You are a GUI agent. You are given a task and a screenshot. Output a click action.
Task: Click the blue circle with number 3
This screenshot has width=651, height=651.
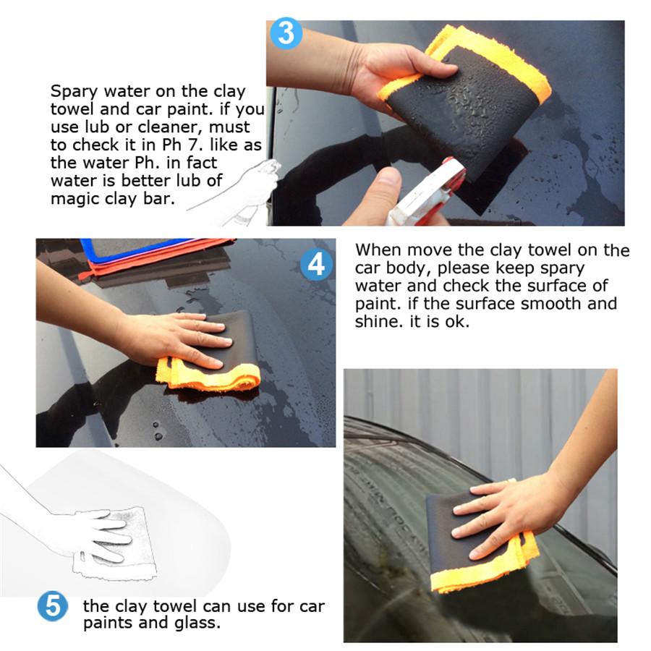286,34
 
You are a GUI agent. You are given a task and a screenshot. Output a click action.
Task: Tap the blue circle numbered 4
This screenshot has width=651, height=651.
316,265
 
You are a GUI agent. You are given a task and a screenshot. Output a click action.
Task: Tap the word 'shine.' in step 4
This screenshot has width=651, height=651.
376,321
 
